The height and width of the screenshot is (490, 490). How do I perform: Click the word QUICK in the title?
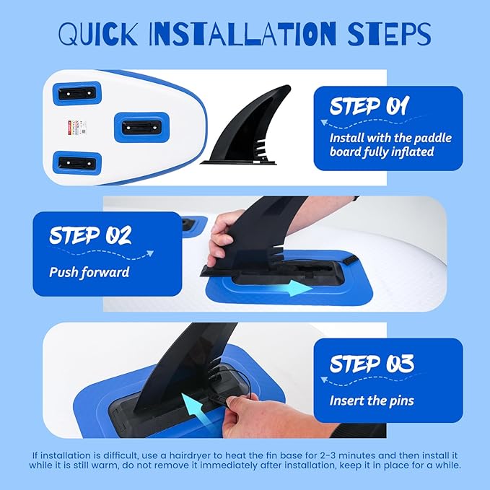click(98, 33)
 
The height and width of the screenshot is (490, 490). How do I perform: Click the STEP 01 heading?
click(369, 105)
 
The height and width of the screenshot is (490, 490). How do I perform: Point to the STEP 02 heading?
click(90, 235)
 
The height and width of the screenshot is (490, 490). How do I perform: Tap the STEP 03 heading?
click(372, 364)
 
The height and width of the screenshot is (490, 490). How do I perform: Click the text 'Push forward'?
click(89, 272)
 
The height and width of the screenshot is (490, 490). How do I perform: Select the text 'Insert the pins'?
click(372, 401)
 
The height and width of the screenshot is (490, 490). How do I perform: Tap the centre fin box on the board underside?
click(141, 127)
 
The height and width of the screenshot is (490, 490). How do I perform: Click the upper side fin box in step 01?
click(77, 93)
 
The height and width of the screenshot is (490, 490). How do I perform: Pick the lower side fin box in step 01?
click(77, 163)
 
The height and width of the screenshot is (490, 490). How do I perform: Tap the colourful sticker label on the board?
click(77, 128)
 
